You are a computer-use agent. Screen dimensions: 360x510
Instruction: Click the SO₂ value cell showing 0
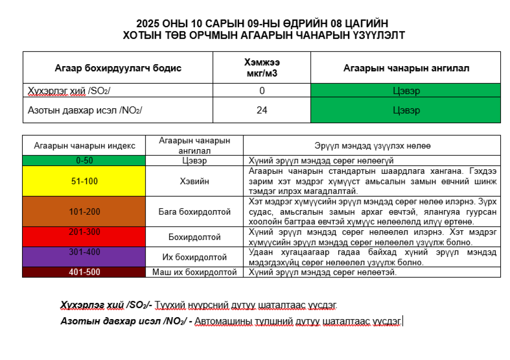click(262, 90)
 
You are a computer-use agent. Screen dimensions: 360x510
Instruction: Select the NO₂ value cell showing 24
click(262, 110)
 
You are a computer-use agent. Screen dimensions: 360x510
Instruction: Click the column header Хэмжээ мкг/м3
click(262, 68)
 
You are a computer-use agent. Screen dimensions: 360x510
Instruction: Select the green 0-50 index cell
click(84, 161)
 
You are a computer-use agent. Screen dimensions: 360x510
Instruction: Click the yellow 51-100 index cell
click(84, 181)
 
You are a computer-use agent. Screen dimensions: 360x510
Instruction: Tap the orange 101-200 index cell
click(84, 212)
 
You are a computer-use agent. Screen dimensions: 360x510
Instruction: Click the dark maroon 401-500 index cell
click(84, 272)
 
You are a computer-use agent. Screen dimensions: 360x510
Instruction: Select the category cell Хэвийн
click(194, 181)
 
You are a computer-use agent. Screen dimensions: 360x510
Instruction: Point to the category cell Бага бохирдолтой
click(194, 212)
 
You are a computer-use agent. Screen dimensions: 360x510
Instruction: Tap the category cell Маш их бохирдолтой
click(194, 272)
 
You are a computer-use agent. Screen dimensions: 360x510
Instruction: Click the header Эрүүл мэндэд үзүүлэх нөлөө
click(372, 146)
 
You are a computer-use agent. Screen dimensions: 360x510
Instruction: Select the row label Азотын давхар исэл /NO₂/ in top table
click(85, 110)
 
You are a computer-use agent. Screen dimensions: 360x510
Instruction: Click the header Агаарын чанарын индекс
click(84, 146)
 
